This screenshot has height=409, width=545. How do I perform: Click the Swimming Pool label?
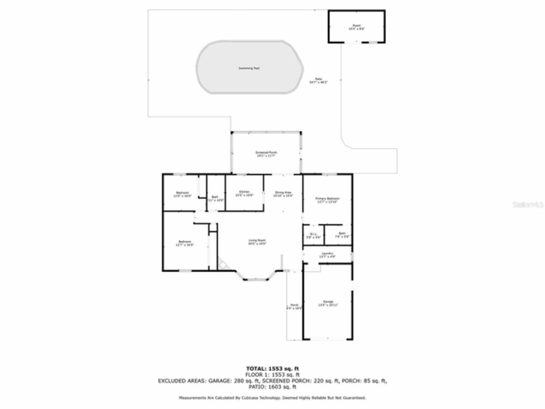[249, 68]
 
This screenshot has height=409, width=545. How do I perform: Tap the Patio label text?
[318, 81]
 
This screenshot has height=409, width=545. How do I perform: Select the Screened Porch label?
[266, 154]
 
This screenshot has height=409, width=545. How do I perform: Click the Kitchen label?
[244, 193]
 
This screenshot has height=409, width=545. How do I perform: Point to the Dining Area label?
[283, 194]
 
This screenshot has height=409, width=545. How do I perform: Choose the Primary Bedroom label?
[327, 200]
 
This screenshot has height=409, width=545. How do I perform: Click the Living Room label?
[257, 242]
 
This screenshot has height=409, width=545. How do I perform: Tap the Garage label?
[328, 303]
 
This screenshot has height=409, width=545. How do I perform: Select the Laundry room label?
[327, 255]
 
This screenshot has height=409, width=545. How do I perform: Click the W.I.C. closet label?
[313, 235]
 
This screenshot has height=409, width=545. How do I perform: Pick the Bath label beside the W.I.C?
[342, 235]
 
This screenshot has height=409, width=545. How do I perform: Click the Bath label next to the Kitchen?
[215, 198]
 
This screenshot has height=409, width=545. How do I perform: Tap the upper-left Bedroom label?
[182, 194]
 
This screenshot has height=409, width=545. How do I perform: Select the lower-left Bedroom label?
[185, 243]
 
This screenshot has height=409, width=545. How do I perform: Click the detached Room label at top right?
[356, 27]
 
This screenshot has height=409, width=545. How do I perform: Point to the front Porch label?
[294, 306]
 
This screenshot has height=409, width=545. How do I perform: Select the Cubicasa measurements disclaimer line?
[272, 397]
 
